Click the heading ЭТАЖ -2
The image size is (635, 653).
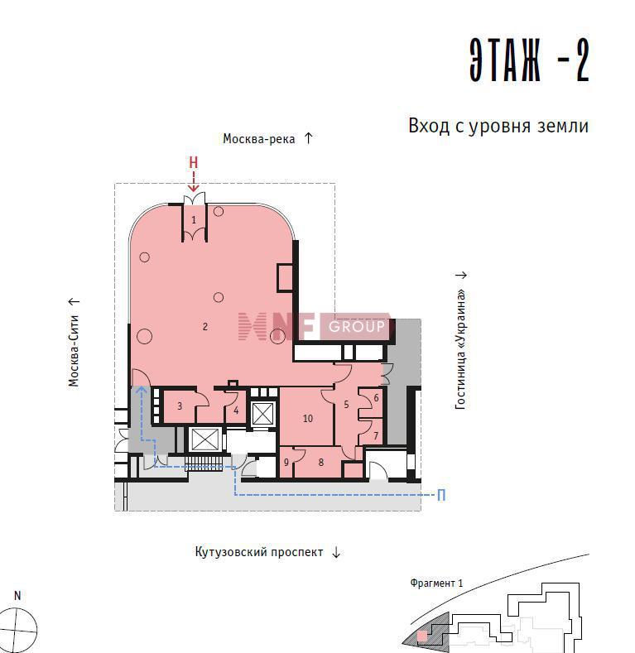tap(529, 60)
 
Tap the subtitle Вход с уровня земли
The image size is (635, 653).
tap(498, 126)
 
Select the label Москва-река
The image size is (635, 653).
tap(259, 139)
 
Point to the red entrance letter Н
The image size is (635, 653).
tap(194, 162)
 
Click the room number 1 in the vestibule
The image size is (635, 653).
tap(194, 219)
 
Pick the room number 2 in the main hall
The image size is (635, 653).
tap(205, 326)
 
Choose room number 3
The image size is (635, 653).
tap(180, 406)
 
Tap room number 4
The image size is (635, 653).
tap(236, 411)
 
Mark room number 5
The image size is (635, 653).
tap(346, 405)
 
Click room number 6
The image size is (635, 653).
tap(376, 398)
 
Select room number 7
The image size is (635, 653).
tap(376, 435)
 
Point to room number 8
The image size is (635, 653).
tap(321, 462)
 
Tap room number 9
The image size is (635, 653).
tap(286, 462)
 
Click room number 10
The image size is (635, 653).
tap(308, 419)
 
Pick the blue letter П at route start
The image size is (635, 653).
tap(441, 495)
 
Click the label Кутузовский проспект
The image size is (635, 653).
tap(259, 552)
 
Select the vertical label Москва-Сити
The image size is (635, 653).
tap(74, 351)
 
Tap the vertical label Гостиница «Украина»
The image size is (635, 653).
tap(460, 350)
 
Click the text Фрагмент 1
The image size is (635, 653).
tap(436, 583)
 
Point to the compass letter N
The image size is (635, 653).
tap(17, 596)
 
